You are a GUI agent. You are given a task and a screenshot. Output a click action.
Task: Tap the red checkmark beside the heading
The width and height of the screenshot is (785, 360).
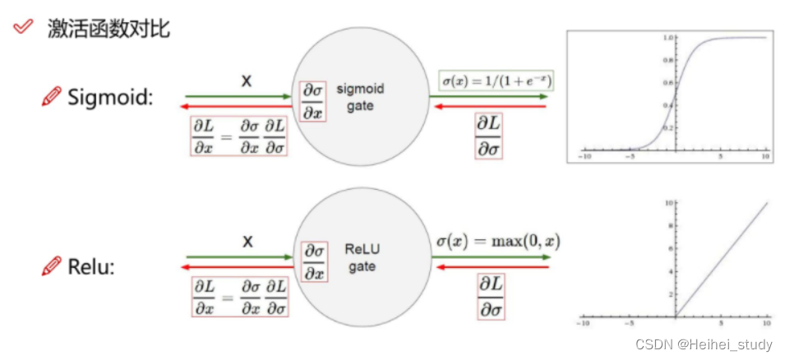[24, 27]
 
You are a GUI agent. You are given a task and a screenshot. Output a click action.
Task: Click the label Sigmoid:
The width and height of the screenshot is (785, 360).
[111, 97]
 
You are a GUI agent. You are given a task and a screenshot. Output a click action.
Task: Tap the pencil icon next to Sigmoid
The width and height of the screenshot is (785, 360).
[51, 97]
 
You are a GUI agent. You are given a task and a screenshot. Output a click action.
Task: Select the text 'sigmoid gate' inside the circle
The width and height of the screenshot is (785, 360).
[360, 97]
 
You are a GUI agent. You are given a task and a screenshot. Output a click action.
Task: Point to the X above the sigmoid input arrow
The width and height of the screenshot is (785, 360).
[246, 81]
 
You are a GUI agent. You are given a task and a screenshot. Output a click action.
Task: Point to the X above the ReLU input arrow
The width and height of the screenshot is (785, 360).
[246, 242]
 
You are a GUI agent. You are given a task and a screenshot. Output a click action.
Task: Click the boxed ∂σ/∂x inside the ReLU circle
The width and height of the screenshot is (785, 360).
[313, 261]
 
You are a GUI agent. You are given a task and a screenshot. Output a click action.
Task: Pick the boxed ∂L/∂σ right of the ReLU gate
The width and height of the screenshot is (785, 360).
[491, 296]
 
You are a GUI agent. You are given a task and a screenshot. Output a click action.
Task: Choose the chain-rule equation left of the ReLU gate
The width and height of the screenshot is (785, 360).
[238, 297]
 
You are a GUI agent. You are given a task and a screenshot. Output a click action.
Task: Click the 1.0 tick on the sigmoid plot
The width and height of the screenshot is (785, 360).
[669, 38]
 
